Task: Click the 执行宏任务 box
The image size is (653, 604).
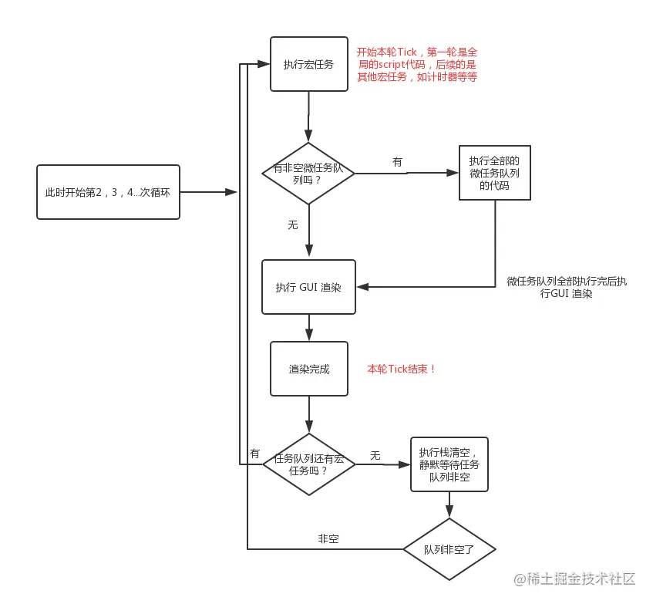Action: (308, 64)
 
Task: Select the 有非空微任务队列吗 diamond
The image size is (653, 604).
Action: (308, 173)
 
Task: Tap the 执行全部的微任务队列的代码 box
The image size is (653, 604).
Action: (494, 173)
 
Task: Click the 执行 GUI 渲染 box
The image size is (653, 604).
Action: (308, 287)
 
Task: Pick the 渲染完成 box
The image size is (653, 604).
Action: (308, 369)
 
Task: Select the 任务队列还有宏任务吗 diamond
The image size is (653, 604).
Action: (308, 464)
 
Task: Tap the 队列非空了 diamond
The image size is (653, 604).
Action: (449, 549)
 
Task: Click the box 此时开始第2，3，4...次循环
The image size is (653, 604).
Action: (108, 191)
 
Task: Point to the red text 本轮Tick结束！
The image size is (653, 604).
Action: (402, 369)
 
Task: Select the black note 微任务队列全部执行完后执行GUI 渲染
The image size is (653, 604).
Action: (567, 288)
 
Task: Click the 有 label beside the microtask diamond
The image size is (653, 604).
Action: (397, 162)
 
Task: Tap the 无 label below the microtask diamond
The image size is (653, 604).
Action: (292, 224)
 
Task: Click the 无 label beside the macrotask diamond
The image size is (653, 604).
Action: (375, 456)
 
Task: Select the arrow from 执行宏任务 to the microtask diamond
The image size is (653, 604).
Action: (308, 116)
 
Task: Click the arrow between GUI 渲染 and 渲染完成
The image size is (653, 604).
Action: (308, 328)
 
